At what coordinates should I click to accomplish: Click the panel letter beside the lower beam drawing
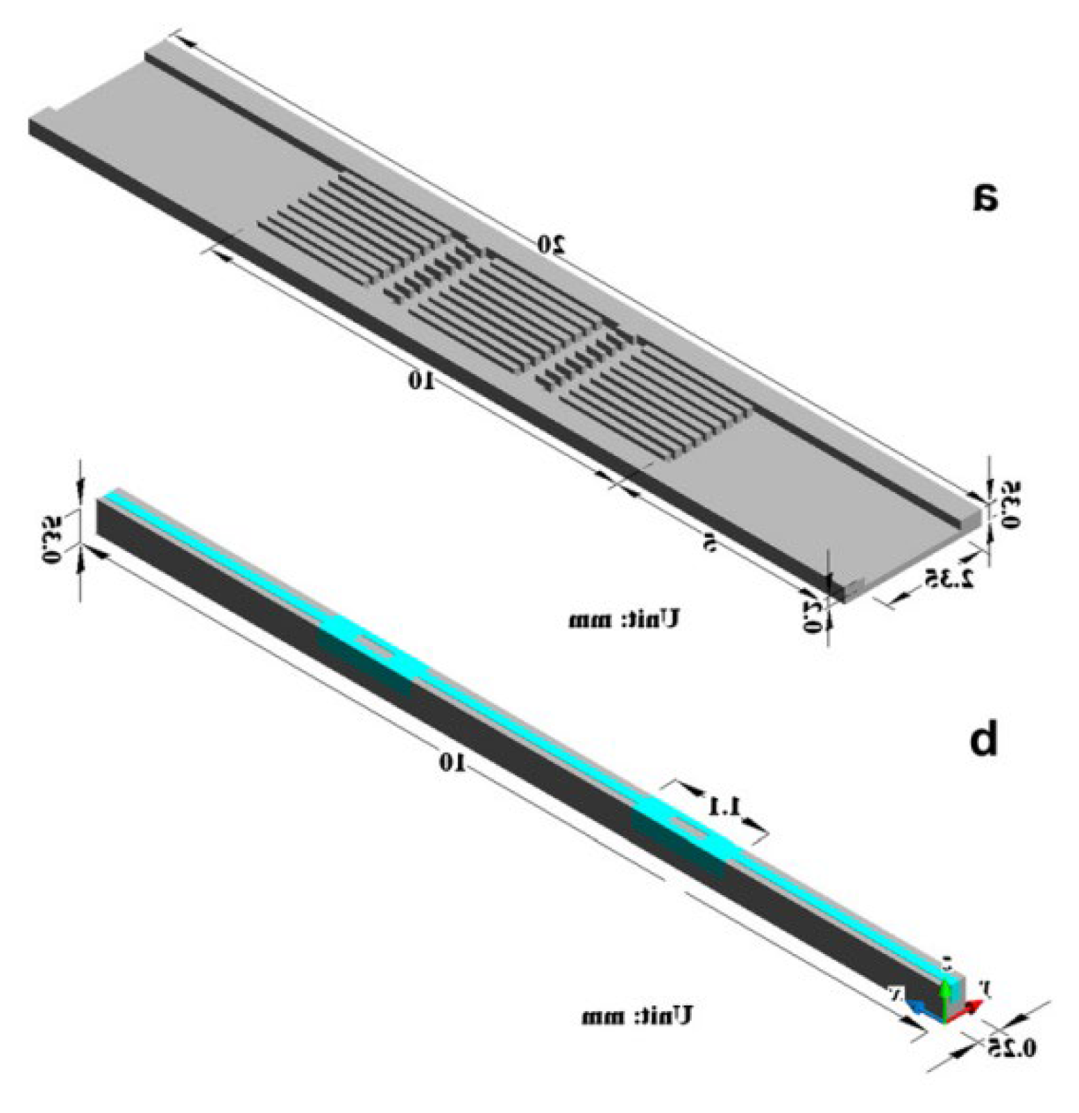(983, 739)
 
